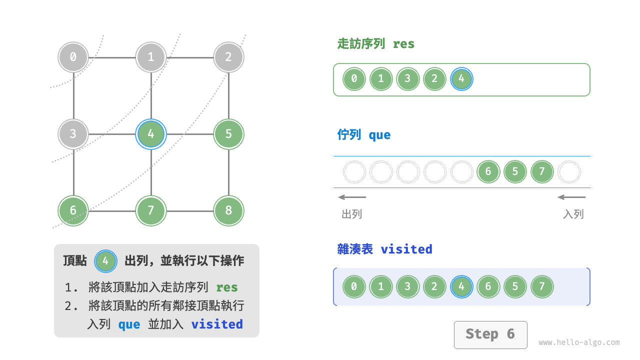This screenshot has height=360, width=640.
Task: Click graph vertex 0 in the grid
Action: (x=73, y=57)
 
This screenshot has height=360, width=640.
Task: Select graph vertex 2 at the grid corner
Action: (x=228, y=57)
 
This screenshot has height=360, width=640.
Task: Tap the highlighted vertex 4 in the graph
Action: (x=151, y=134)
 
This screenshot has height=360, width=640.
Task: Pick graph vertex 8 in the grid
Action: (x=228, y=210)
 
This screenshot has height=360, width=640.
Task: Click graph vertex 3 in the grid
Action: (x=73, y=134)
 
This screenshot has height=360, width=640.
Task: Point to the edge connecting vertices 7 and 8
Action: (x=189, y=210)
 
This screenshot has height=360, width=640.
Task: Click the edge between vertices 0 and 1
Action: (x=112, y=57)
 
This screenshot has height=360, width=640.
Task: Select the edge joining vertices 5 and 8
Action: (x=228, y=172)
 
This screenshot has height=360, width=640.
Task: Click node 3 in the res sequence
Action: (x=407, y=79)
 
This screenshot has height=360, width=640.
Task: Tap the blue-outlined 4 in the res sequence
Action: (x=461, y=79)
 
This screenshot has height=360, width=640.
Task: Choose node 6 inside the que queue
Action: (x=488, y=172)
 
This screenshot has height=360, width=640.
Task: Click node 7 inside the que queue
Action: (x=542, y=172)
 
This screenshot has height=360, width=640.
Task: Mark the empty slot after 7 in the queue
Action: (x=569, y=172)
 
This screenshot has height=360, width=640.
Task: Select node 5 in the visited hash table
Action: (x=515, y=287)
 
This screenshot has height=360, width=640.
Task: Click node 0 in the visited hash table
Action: (x=354, y=287)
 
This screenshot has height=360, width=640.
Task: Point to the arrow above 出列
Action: (x=352, y=197)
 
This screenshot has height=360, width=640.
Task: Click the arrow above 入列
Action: (x=571, y=197)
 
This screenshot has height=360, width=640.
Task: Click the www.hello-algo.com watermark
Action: (x=579, y=342)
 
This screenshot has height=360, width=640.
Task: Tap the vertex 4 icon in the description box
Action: (x=105, y=261)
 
